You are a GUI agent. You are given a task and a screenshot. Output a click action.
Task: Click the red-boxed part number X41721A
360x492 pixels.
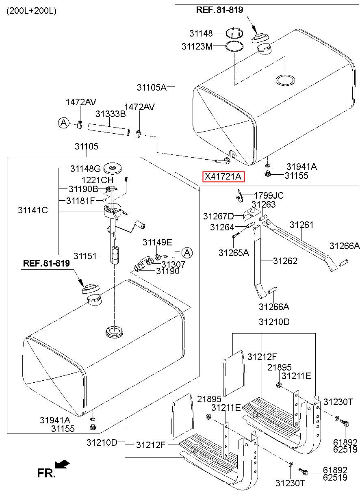click(x=223, y=177)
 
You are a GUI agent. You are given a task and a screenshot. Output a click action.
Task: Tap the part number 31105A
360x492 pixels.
click(x=152, y=87)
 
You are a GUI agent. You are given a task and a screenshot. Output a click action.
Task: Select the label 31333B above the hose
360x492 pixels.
click(x=111, y=114)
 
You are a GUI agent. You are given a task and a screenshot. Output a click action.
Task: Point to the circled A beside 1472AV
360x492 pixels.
click(x=63, y=122)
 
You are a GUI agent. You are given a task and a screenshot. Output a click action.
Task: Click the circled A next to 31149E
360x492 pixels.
click(x=187, y=253)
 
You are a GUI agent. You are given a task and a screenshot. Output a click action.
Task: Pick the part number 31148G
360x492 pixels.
click(x=85, y=168)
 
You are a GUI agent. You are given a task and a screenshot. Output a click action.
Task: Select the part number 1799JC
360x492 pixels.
click(x=269, y=196)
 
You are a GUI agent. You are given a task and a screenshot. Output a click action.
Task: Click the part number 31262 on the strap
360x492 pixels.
click(x=285, y=261)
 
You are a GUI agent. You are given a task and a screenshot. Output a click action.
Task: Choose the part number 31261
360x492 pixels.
click(x=301, y=225)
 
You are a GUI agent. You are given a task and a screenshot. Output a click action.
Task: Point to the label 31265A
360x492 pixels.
click(x=234, y=252)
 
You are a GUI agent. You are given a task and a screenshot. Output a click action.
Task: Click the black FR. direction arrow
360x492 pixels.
click(x=62, y=464)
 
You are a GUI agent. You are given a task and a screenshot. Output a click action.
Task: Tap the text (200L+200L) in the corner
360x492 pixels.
click(x=31, y=11)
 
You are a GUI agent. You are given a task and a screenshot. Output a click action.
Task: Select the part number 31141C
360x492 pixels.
click(x=33, y=210)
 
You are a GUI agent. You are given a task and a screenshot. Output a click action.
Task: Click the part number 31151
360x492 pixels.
click(x=85, y=256)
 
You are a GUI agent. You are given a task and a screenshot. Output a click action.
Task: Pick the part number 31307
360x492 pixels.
click(x=173, y=264)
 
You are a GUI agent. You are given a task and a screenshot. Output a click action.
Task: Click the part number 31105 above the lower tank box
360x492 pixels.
click(x=87, y=147)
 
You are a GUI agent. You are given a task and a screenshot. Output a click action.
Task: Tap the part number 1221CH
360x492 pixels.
click(x=98, y=180)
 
